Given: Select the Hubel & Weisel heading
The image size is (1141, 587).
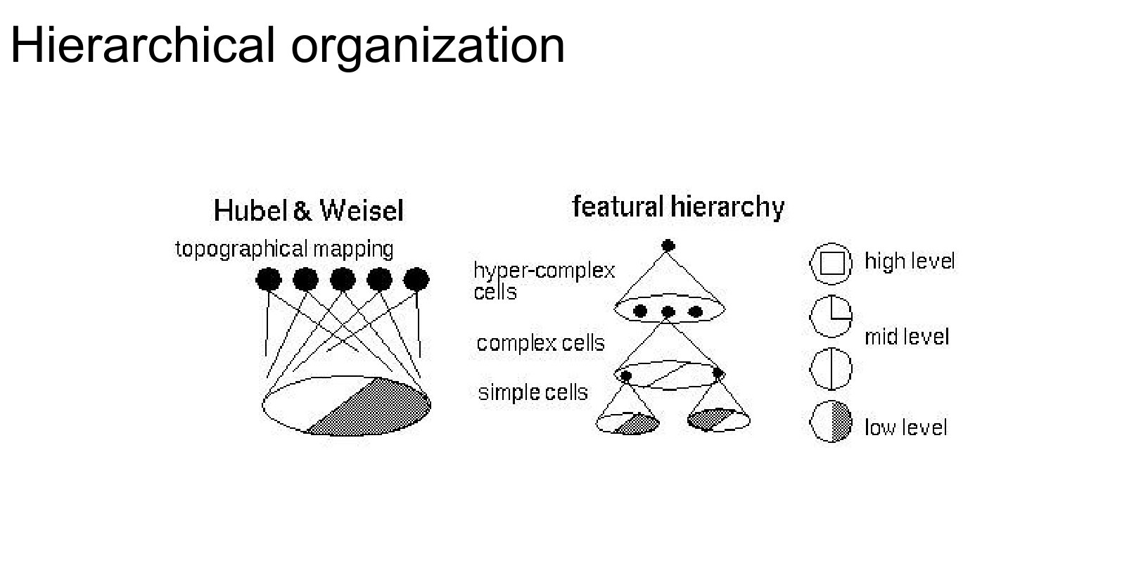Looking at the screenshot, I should click(x=308, y=210).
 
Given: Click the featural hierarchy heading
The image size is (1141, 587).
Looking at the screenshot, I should click(x=678, y=207).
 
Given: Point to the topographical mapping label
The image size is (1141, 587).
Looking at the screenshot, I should click(x=284, y=249).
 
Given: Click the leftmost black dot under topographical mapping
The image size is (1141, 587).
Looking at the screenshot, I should click(x=268, y=280).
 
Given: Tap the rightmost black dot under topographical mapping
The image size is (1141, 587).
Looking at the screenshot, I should click(x=416, y=279).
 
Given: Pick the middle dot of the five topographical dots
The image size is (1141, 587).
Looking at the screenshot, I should click(x=343, y=279).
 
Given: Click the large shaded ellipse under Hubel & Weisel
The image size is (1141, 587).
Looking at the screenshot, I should click(x=346, y=406).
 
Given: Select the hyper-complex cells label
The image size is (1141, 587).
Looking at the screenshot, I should click(x=543, y=280).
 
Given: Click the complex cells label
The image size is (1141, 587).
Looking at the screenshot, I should click(x=540, y=343).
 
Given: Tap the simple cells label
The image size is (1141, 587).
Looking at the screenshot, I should click(x=533, y=392).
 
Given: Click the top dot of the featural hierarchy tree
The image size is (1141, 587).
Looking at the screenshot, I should click(x=668, y=246).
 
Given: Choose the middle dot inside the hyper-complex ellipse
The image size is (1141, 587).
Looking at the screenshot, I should click(x=668, y=311).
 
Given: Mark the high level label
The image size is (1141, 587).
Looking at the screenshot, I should click(x=910, y=262).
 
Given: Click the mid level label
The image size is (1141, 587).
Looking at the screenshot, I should click(x=907, y=337).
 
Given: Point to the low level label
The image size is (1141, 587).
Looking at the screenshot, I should click(x=906, y=427).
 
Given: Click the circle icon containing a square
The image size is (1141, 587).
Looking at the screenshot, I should click(x=831, y=264).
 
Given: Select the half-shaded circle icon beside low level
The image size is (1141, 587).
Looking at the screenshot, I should click(x=831, y=422).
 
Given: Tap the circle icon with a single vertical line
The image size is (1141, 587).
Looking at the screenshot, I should click(x=831, y=368).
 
